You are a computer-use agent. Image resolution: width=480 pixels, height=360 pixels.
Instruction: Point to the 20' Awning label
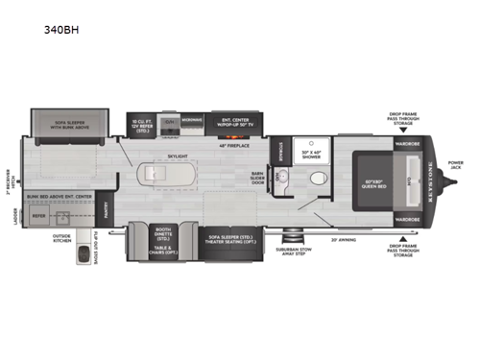[x=343, y=240]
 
